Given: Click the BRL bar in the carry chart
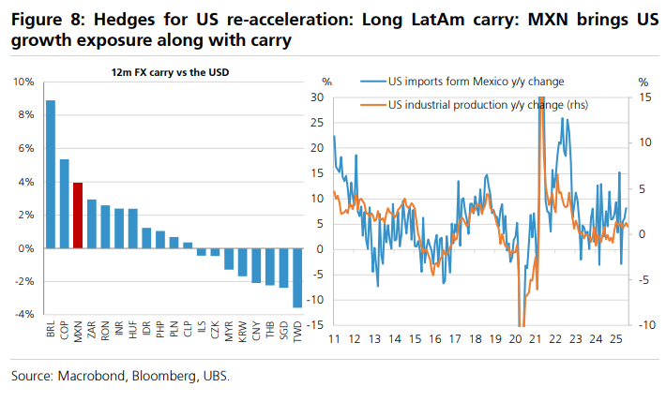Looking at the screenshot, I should tap(51, 174).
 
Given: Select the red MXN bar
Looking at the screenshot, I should tap(78, 216).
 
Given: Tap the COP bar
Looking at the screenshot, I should tap(65, 203).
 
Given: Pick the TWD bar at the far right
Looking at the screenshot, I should tap(296, 277).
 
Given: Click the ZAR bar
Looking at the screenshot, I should tap(92, 224).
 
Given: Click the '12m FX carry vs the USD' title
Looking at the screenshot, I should tap(169, 72).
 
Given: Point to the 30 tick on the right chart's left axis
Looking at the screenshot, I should tap(316, 97).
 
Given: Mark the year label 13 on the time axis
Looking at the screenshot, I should tap(374, 338).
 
